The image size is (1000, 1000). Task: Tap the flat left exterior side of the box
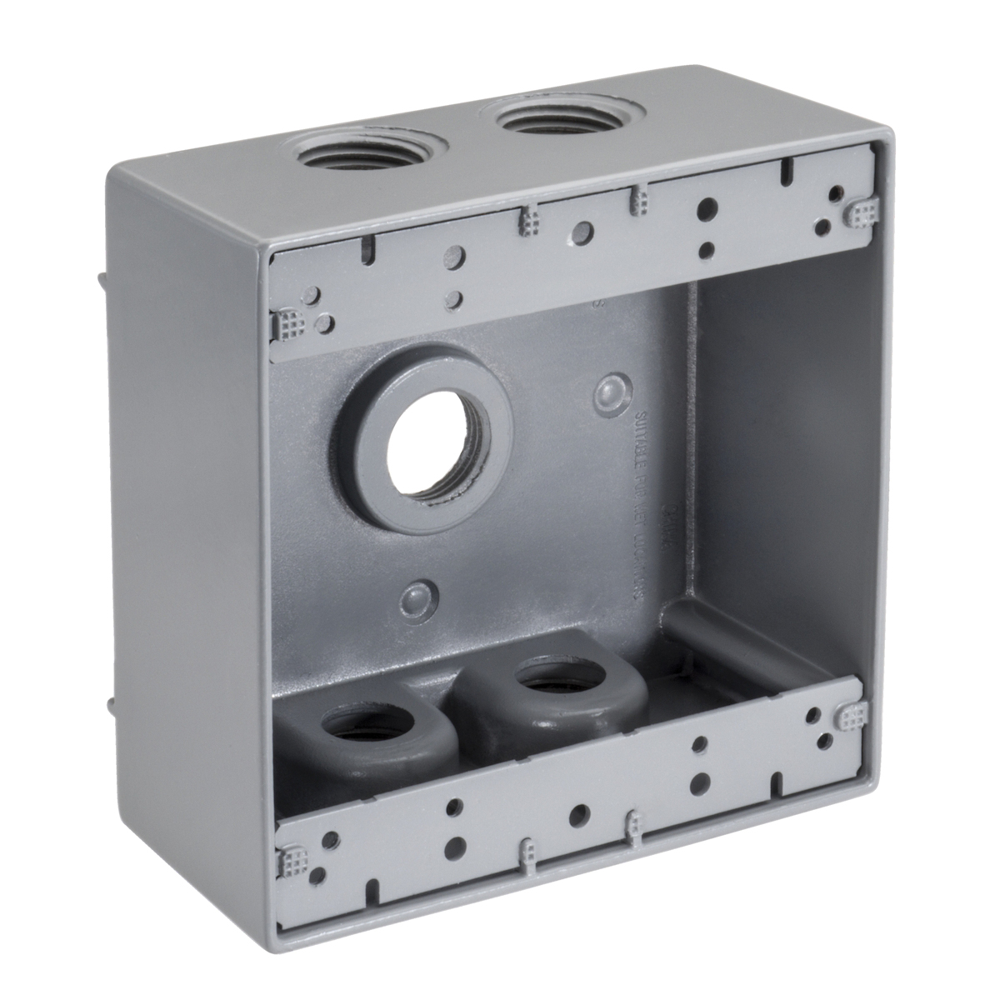pyautogui.click(x=183, y=542)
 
